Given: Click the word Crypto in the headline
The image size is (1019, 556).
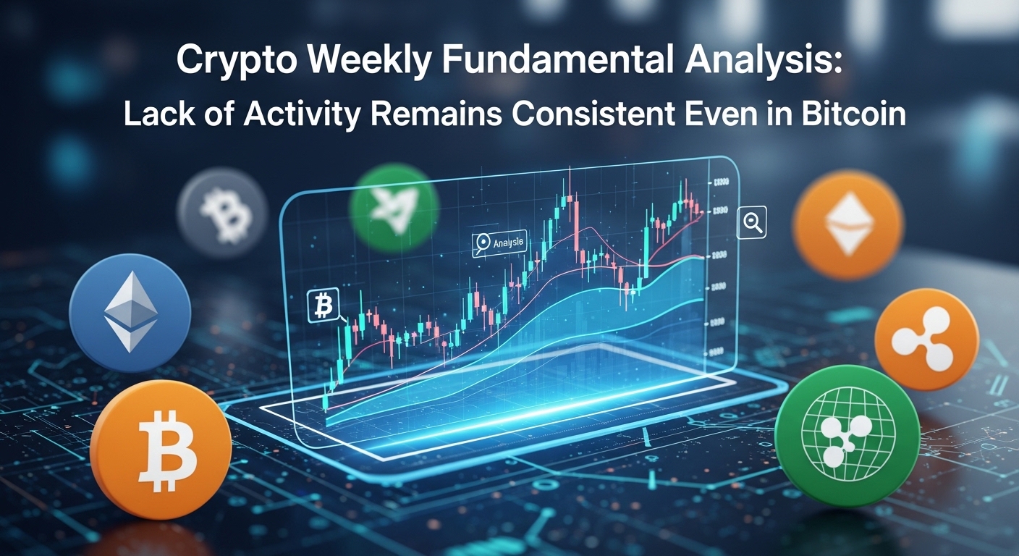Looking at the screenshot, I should [x=231, y=62].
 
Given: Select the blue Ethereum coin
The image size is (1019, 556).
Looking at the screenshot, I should [x=130, y=311].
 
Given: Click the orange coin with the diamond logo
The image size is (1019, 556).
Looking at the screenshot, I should [x=847, y=224].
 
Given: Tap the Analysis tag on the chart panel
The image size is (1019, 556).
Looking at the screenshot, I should [x=499, y=243].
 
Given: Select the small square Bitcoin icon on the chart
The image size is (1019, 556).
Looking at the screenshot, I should [x=324, y=306].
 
